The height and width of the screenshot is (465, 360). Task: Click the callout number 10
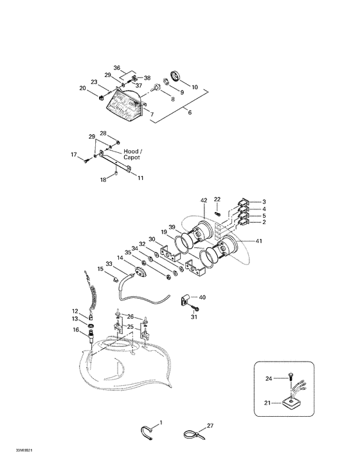pyautogui.click(x=195, y=87)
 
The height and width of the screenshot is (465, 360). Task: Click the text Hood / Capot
pyautogui.click(x=133, y=155)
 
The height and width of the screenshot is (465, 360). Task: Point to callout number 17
pyautogui.click(x=74, y=155)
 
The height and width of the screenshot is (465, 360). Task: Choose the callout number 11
pyautogui.click(x=140, y=178)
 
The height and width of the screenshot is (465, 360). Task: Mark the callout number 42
pyautogui.click(x=204, y=200)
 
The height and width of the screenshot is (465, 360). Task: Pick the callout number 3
pyautogui.click(x=264, y=202)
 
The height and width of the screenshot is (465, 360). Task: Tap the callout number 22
pyautogui.click(x=217, y=199)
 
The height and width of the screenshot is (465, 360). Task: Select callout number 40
pyautogui.click(x=202, y=297)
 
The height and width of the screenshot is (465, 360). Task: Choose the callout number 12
pyautogui.click(x=75, y=311)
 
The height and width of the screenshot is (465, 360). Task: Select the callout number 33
pyautogui.click(x=109, y=263)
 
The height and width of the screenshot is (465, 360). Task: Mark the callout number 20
pyautogui.click(x=82, y=88)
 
